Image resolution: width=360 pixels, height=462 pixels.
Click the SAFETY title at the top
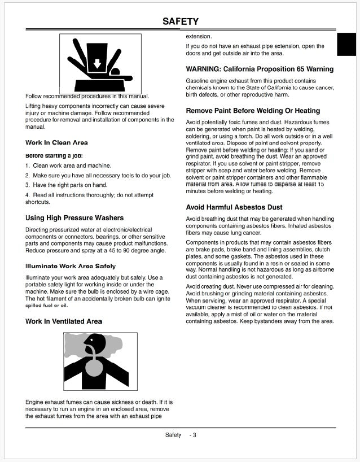pyautogui.click(x=180, y=21)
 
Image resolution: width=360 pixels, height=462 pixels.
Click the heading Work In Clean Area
pyautogui.click(x=56, y=143)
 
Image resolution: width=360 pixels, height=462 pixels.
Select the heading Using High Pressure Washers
pyautogui.click(x=74, y=218)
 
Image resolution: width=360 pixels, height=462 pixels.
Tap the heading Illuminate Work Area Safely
pyautogui.click(x=71, y=266)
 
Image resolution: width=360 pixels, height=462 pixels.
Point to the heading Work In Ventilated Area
pyautogui.click(x=64, y=321)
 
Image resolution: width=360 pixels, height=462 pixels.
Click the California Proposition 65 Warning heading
pyautogui.click(x=260, y=69)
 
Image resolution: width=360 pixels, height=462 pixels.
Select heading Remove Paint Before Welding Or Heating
pyautogui.click(x=253, y=111)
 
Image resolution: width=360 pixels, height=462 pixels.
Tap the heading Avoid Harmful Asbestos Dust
pyautogui.click(x=234, y=207)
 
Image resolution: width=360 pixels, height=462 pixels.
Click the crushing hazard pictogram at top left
pyautogui.click(x=100, y=63)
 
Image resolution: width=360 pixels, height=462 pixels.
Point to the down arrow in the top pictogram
pyautogui.click(x=96, y=63)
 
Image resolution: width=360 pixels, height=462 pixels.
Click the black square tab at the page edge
pyautogui.click(x=346, y=45)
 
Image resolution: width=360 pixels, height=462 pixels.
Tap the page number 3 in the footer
pyautogui.click(x=194, y=435)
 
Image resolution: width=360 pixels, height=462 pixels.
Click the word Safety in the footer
pyautogui.click(x=173, y=435)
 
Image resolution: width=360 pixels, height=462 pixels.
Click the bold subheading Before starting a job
pyautogui.click(x=54, y=155)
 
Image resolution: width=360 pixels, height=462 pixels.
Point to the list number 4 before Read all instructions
pyautogui.click(x=27, y=195)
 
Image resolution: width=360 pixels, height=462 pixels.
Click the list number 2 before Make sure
pyautogui.click(x=27, y=176)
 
